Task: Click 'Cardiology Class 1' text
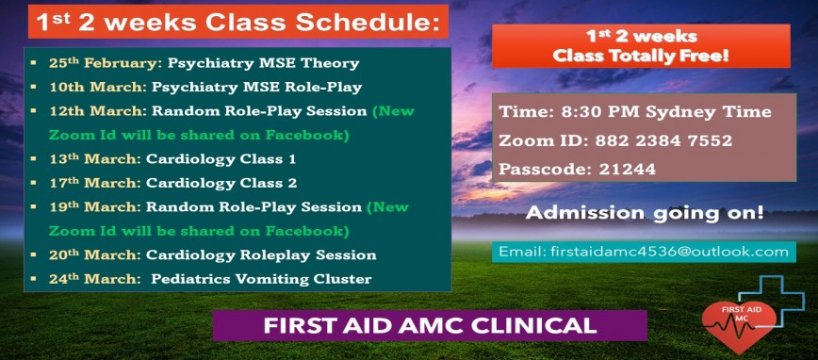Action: (221, 159)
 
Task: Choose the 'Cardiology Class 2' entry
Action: (221, 183)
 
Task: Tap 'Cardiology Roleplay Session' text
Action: (261, 255)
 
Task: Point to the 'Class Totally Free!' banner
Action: (640, 46)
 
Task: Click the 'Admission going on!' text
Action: (645, 213)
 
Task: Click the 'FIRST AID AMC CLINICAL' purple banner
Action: (429, 325)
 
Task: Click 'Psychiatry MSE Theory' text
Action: (263, 64)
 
